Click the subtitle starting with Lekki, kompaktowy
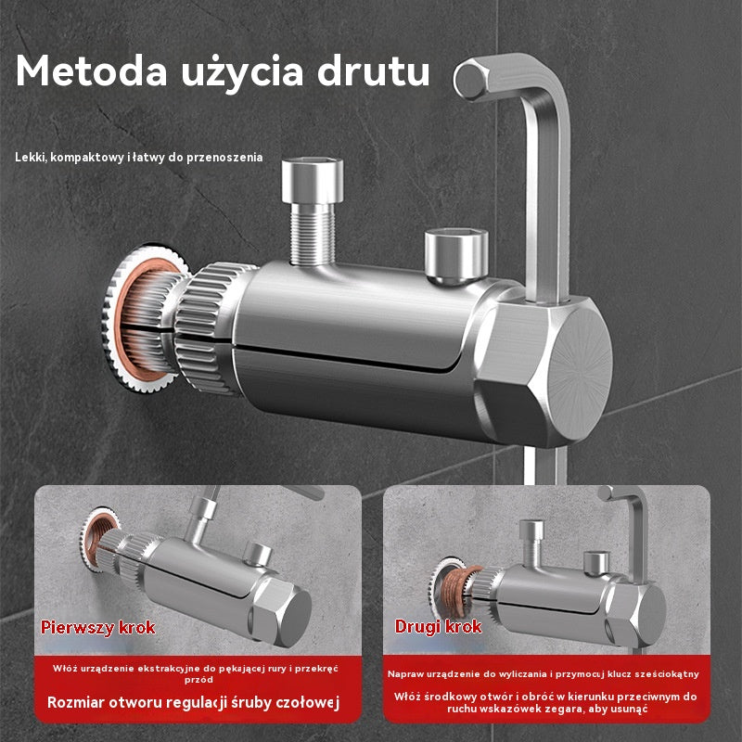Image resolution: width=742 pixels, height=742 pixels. pyautogui.click(x=138, y=158)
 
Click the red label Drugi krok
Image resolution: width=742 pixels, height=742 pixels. pyautogui.click(x=438, y=627)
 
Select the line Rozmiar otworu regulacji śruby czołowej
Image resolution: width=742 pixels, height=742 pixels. pyautogui.click(x=194, y=702)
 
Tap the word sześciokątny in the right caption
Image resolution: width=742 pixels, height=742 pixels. pyautogui.click(x=660, y=674)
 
